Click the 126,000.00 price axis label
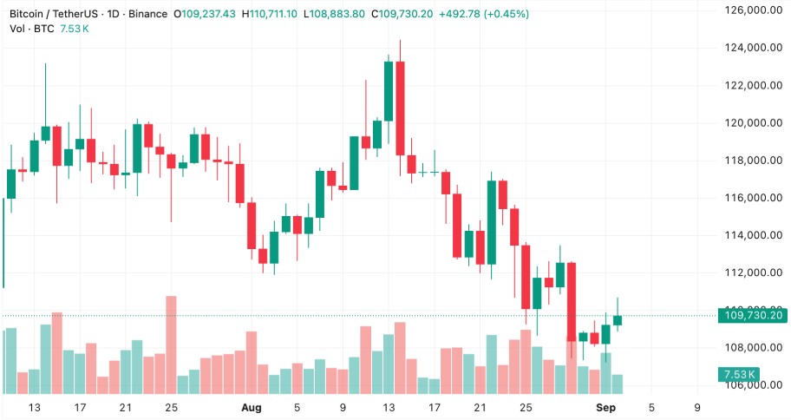(x=751, y=10)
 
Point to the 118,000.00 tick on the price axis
(x=751, y=161)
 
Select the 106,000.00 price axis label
(x=751, y=385)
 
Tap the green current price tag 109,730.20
(x=751, y=316)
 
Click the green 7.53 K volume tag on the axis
(x=738, y=375)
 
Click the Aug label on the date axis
(x=252, y=407)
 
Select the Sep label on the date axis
(x=605, y=407)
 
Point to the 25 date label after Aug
(x=525, y=407)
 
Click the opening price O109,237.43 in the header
(x=206, y=15)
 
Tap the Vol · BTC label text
(x=31, y=29)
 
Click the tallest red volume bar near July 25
(x=171, y=345)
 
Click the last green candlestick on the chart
(x=618, y=320)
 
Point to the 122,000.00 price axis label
(x=751, y=85)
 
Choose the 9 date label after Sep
(x=697, y=407)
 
